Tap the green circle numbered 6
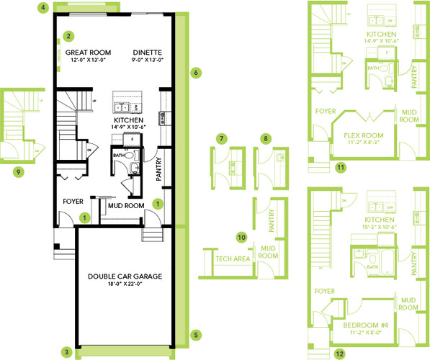point(195,73)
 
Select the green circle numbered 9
point(18,171)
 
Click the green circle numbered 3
point(66,352)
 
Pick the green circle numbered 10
point(242,235)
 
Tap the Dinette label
point(147,53)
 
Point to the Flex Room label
point(364,135)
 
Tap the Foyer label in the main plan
point(75,202)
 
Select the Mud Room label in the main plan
point(123,205)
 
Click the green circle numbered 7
point(223,138)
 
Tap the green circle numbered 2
point(68,35)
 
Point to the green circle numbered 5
point(194,334)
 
